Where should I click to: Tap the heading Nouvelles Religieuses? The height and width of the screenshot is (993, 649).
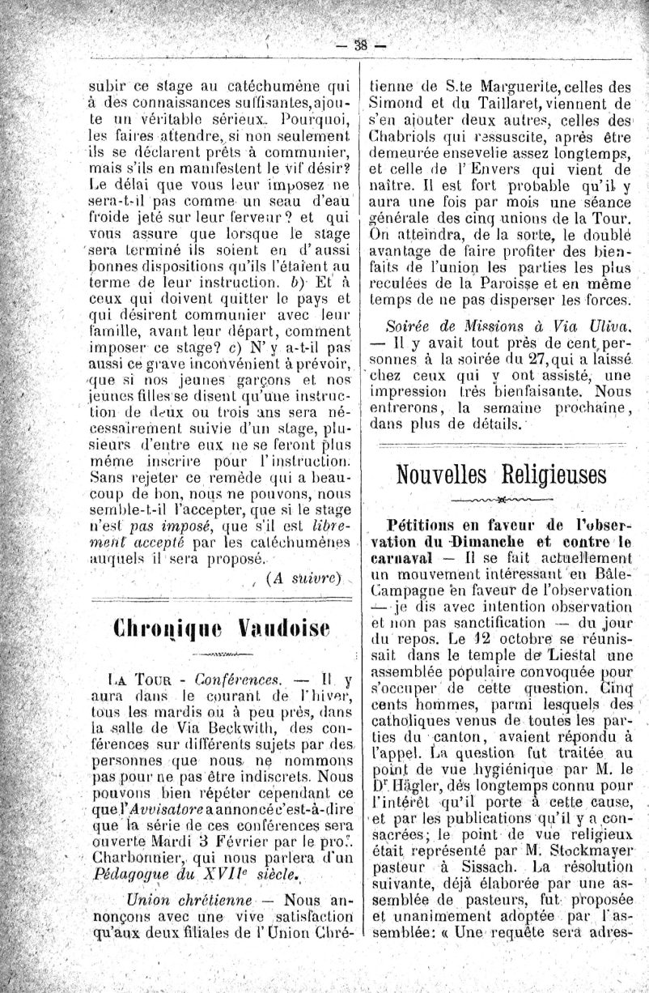point(502,472)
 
